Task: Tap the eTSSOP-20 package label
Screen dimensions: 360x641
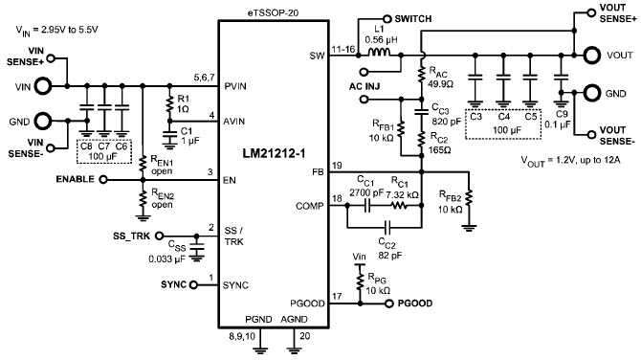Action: click(272, 7)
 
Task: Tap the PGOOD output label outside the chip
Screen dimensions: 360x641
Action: click(407, 303)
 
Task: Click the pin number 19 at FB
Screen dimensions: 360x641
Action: click(338, 166)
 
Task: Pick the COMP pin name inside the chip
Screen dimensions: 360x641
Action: click(309, 205)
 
